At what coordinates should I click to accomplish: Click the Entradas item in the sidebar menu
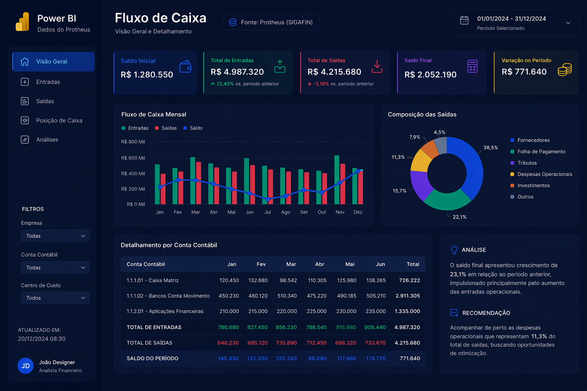[48, 82]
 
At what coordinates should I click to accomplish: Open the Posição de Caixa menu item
[59, 120]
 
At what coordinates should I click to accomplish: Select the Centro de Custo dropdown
[55, 298]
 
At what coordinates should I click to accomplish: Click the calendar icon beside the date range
[464, 21]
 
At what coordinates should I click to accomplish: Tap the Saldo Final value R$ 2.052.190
[430, 74]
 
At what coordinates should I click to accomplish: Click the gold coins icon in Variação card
[564, 70]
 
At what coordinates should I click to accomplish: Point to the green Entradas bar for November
[337, 179]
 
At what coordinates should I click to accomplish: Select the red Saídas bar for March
[199, 183]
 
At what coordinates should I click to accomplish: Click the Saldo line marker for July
[268, 199]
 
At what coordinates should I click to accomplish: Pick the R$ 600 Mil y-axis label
[133, 158]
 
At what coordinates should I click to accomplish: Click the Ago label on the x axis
[285, 212]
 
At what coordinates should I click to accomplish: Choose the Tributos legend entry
[527, 163]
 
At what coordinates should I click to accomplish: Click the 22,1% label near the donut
[459, 217]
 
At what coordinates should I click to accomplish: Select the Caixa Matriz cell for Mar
[288, 280]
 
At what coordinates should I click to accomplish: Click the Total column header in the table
[413, 264]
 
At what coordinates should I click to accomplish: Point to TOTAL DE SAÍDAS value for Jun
[375, 343]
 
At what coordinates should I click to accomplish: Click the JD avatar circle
[26, 366]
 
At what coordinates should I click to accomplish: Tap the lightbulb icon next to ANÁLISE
[454, 250]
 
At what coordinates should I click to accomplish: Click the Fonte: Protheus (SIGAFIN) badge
[271, 22]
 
